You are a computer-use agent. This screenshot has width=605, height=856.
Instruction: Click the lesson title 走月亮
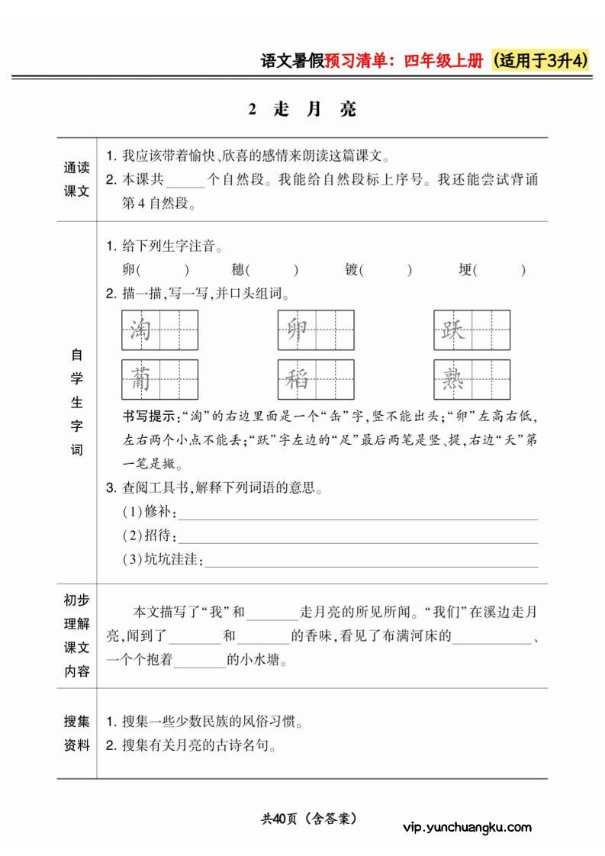point(303,109)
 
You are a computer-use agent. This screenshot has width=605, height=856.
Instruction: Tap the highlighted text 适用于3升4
point(542,61)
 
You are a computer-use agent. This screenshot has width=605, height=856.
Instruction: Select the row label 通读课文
point(76,180)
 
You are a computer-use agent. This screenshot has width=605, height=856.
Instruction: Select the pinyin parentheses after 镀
point(386,269)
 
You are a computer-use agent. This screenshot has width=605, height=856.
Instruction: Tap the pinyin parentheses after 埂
point(500,269)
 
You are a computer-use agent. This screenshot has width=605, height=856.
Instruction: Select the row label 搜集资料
point(76,733)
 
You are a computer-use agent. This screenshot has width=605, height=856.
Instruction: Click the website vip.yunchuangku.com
point(466,827)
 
